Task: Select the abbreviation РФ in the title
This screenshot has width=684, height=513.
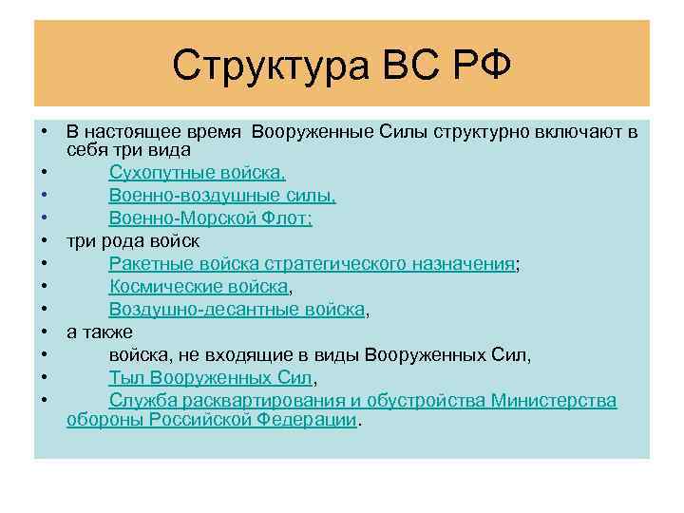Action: pyautogui.click(x=483, y=66)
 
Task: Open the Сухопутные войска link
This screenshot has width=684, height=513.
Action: pyautogui.click(x=197, y=172)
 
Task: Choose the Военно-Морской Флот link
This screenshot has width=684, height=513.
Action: pyautogui.click(x=210, y=218)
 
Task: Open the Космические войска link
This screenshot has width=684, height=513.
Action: pyautogui.click(x=198, y=287)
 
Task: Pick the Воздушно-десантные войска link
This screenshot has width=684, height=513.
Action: pyautogui.click(x=237, y=310)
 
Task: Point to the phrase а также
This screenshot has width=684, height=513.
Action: pyautogui.click(x=100, y=332)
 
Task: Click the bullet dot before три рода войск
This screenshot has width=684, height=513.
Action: pyautogui.click(x=45, y=241)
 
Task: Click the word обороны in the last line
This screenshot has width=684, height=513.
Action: pyautogui.click(x=104, y=419)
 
